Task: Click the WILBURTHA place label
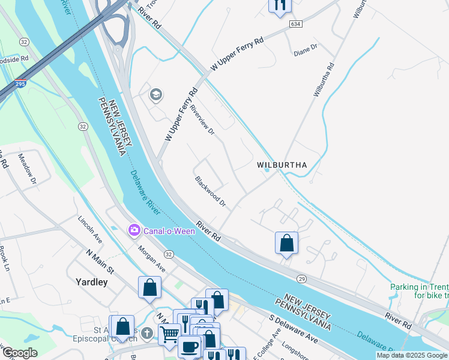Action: tap(282, 164)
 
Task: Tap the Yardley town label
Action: tap(92, 281)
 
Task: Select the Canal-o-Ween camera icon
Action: tap(133, 230)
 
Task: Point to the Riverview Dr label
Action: tap(202, 120)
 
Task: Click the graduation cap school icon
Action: tap(156, 95)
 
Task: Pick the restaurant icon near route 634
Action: tap(279, 5)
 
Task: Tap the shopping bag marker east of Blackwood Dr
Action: tap(287, 244)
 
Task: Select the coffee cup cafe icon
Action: tap(190, 347)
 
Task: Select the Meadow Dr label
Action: tap(28, 170)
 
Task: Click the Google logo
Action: tap(20, 353)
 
